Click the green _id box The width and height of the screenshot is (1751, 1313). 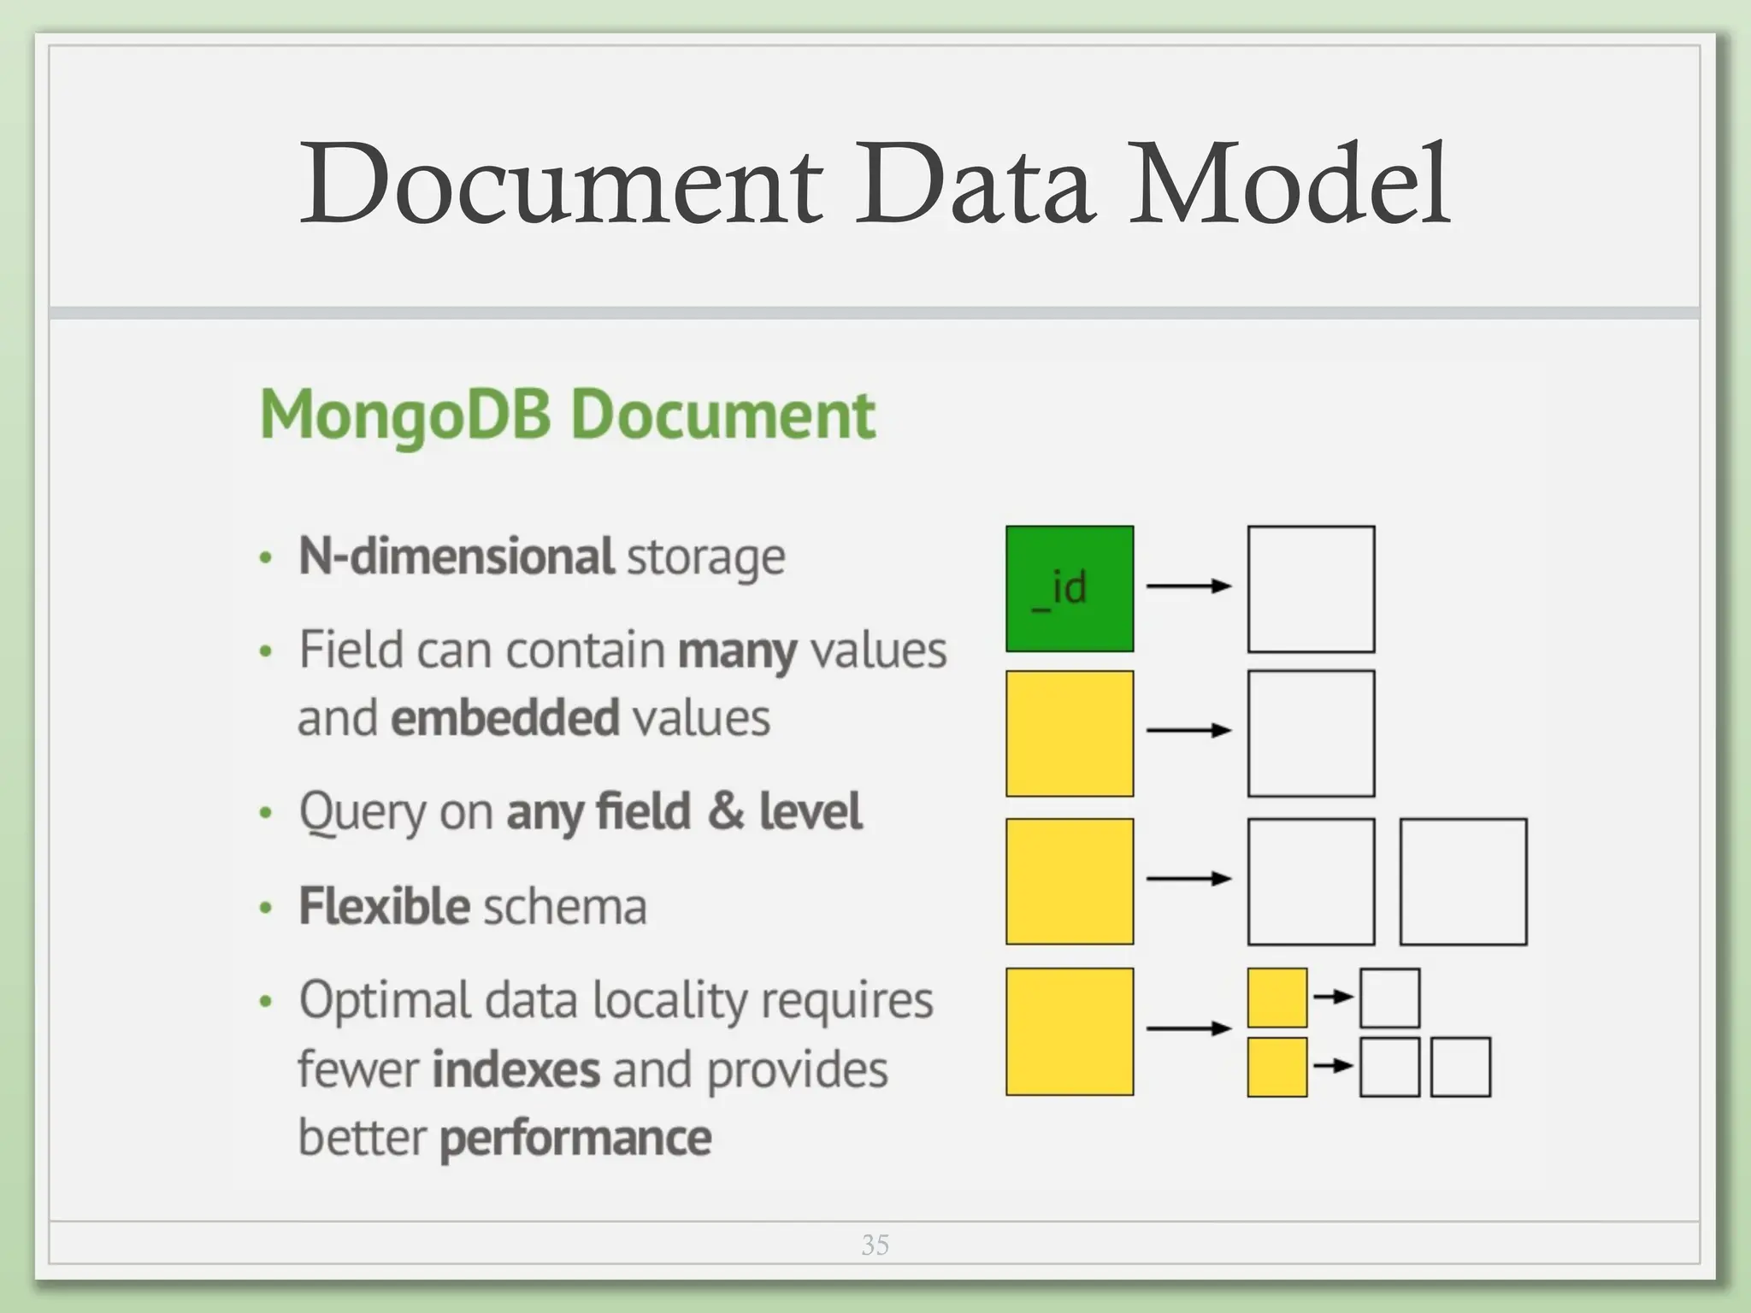click(x=1069, y=589)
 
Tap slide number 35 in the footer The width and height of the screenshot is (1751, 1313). click(x=875, y=1245)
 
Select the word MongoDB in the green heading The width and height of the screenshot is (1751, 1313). click(x=405, y=415)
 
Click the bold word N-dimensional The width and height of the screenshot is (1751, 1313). click(x=456, y=556)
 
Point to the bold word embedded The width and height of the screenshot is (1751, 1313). click(x=504, y=718)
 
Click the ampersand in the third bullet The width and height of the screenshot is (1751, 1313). click(x=725, y=811)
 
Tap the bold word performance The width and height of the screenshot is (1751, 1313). click(x=575, y=1139)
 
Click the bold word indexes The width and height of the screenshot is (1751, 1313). click(x=516, y=1070)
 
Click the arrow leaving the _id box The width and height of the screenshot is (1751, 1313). click(x=1188, y=586)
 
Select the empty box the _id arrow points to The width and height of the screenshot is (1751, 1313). click(x=1311, y=589)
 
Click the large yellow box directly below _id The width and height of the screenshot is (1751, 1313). click(x=1069, y=733)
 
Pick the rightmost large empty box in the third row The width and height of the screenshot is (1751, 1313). click(x=1463, y=881)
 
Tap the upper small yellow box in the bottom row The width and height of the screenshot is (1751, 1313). click(x=1276, y=998)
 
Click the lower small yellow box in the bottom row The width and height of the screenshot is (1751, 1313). click(x=1276, y=1067)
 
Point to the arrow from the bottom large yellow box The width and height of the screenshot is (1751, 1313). click(x=1188, y=1028)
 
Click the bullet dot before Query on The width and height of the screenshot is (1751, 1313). click(x=266, y=813)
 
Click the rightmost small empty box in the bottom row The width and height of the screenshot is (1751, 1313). click(x=1460, y=1067)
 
